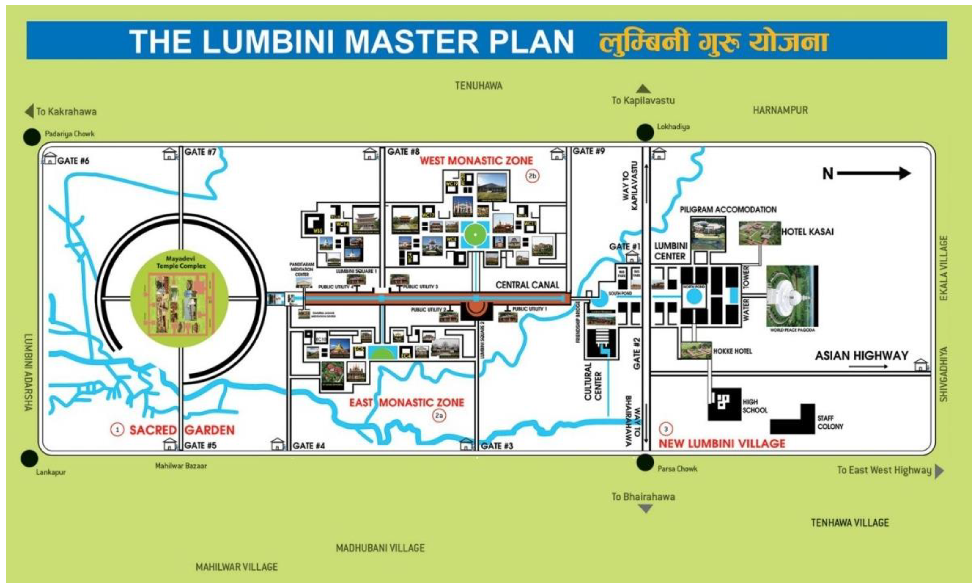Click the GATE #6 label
[73, 161]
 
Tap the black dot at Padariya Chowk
[32, 137]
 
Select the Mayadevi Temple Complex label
[181, 262]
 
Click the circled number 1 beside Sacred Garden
[117, 430]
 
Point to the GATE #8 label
[403, 151]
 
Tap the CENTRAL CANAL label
[527, 285]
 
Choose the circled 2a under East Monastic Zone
[439, 416]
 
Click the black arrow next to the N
[874, 173]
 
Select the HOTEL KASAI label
[807, 232]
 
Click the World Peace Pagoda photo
[791, 296]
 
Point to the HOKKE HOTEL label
[732, 351]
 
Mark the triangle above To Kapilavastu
[643, 89]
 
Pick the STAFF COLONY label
[830, 422]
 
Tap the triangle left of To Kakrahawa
[29, 112]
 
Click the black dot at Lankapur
[29, 459]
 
